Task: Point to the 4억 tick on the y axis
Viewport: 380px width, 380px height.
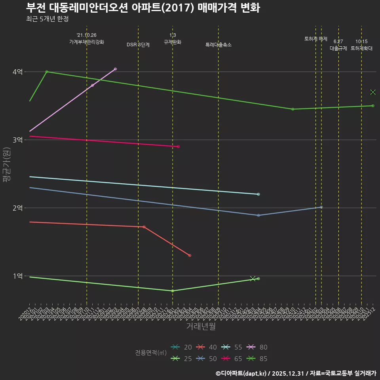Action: coord(17,72)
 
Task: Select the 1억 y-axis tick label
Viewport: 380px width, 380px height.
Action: coord(17,276)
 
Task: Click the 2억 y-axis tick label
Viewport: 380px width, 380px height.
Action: coord(17,208)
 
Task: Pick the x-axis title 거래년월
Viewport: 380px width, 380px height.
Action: coord(201,327)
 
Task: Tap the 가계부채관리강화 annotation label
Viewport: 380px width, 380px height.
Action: coord(87,42)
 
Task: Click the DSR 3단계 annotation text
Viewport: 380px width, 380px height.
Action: coord(138,45)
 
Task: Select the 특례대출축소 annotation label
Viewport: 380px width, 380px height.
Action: coord(218,45)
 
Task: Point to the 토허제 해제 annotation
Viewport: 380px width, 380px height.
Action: coord(316,39)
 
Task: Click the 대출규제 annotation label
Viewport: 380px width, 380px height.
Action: coord(338,48)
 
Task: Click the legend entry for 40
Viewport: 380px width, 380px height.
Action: coord(207,347)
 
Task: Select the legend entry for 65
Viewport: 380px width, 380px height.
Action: coord(233,359)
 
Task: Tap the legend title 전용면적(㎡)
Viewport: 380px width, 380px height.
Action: coord(150,353)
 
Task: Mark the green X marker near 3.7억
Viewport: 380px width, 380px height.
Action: coord(372,92)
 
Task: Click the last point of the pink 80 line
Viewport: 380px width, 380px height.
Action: coord(115,69)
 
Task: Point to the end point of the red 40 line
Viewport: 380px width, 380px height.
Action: coord(190,255)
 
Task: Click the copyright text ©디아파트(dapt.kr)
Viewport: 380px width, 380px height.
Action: coord(242,373)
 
